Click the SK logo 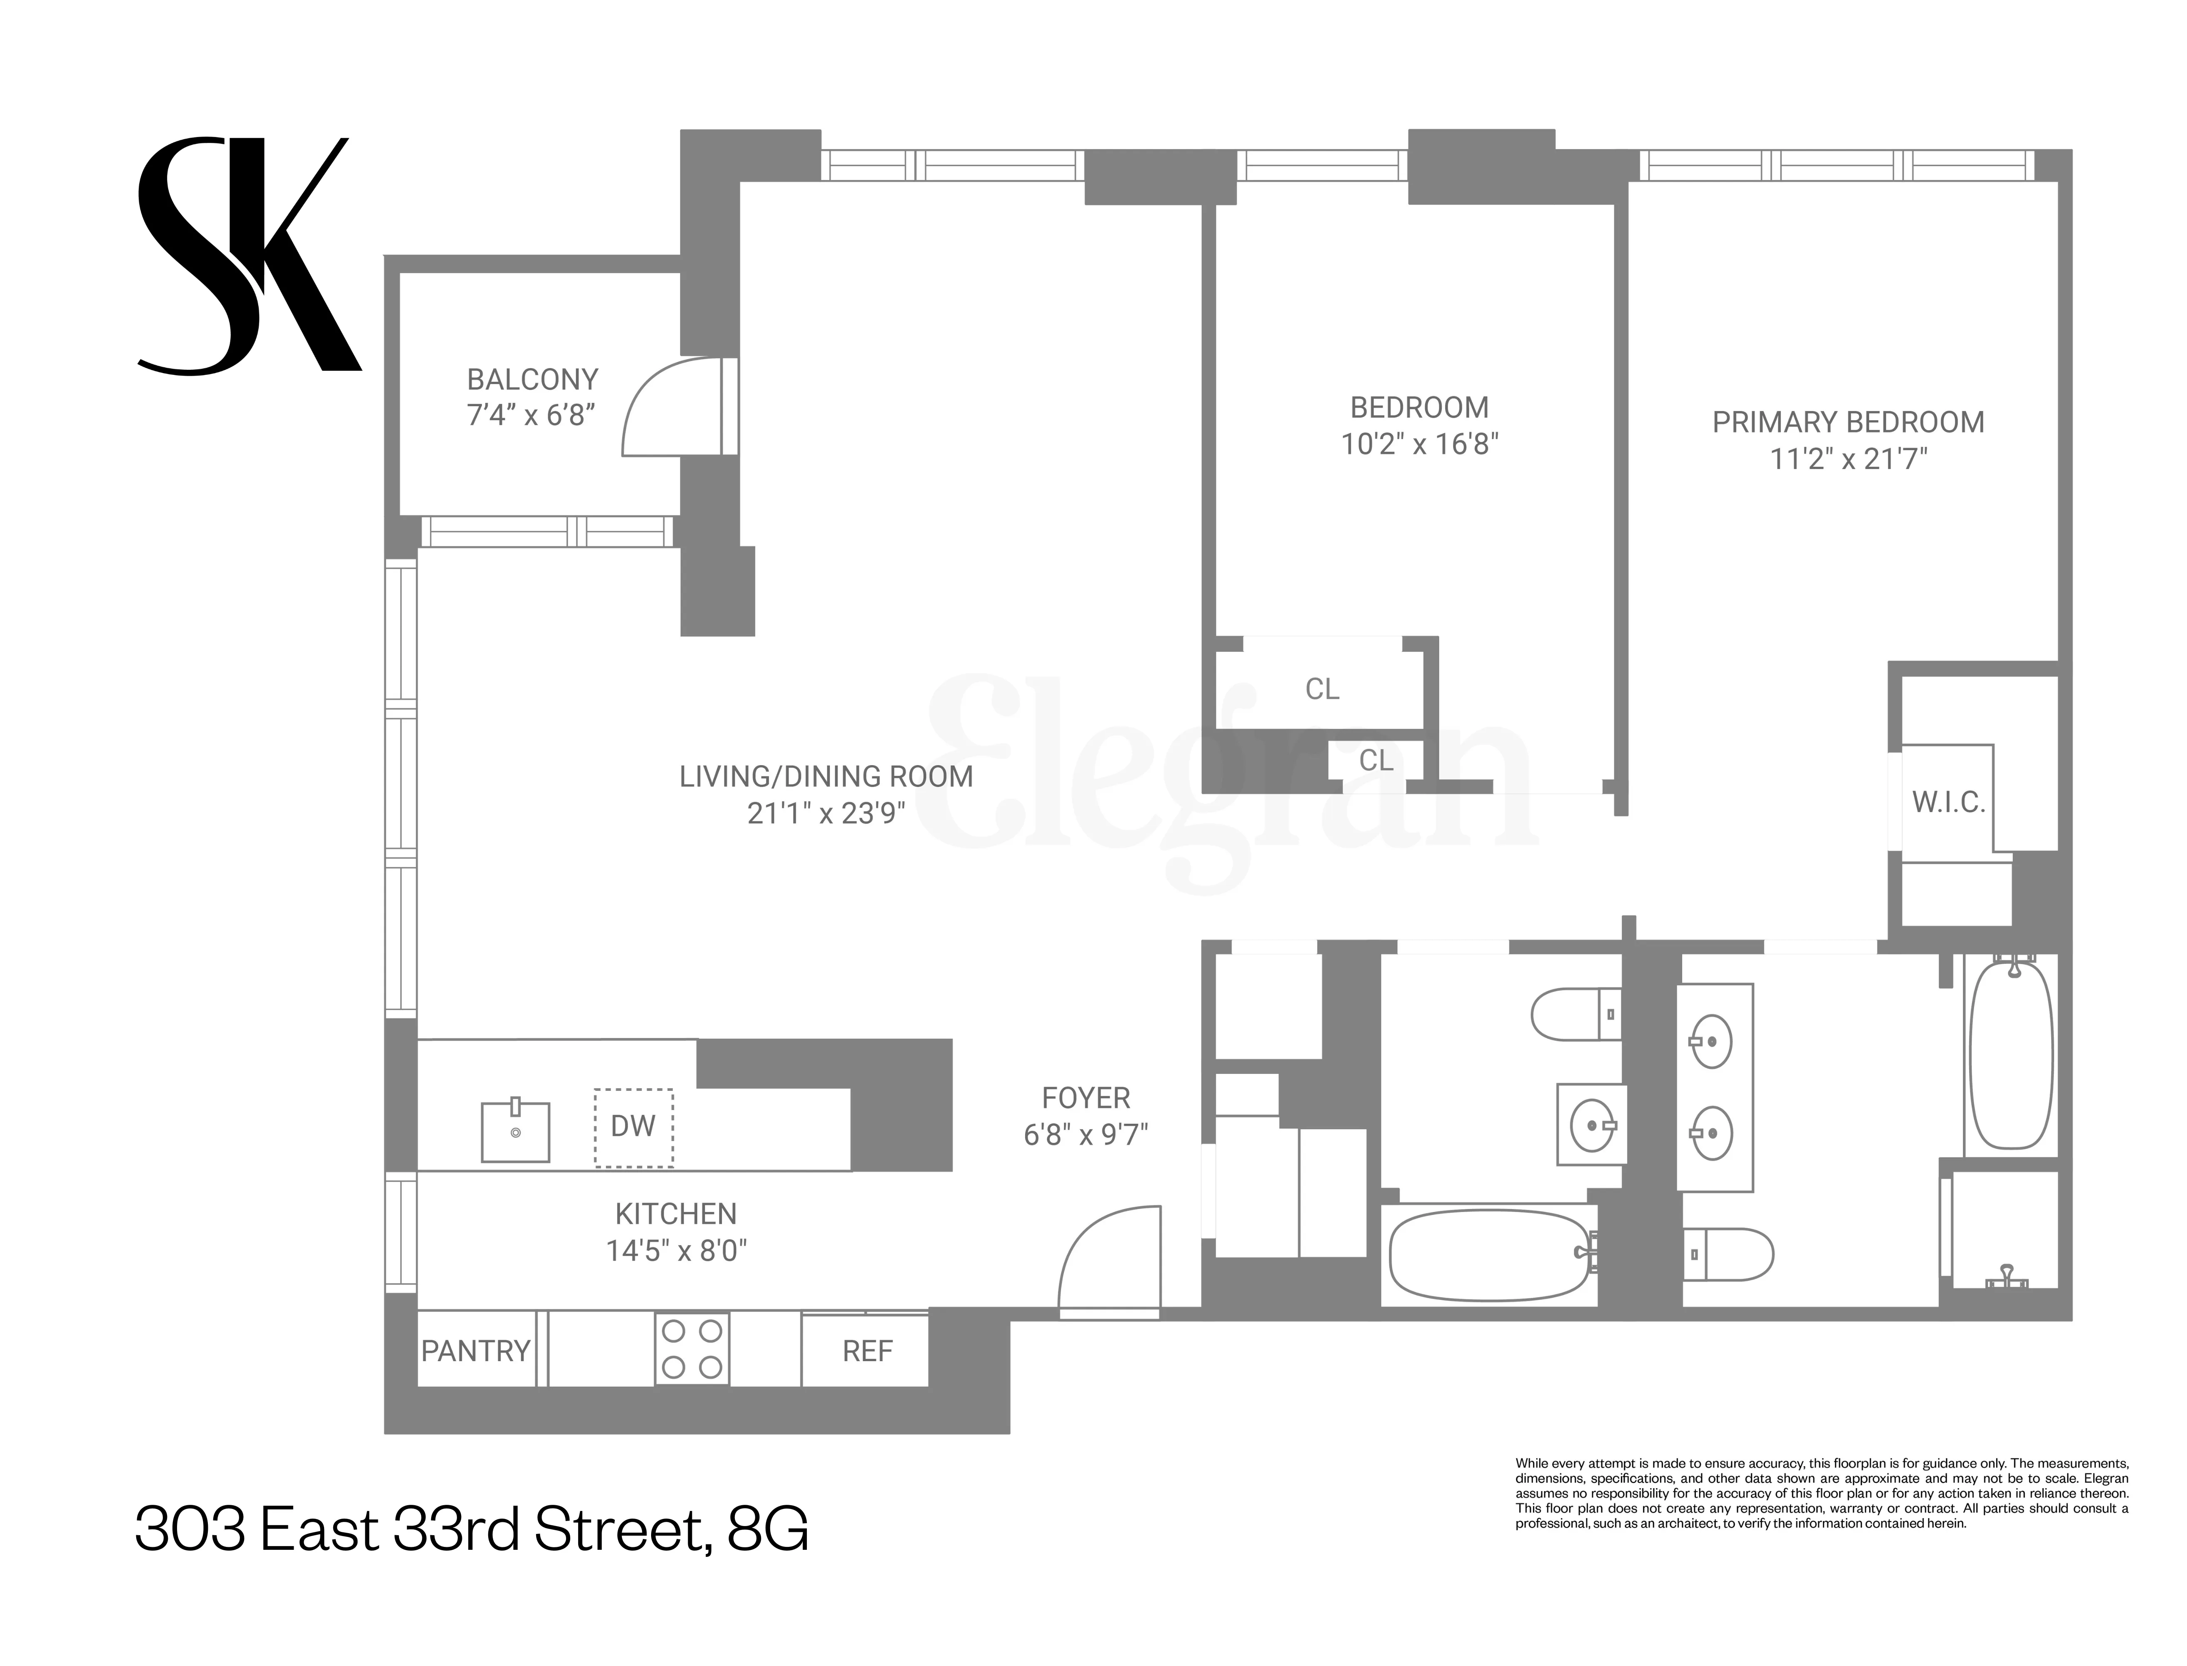(248, 256)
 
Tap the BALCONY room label (533, 380)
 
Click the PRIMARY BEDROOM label (1848, 422)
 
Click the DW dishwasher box (633, 1127)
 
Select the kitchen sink (515, 1130)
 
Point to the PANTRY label (475, 1351)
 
